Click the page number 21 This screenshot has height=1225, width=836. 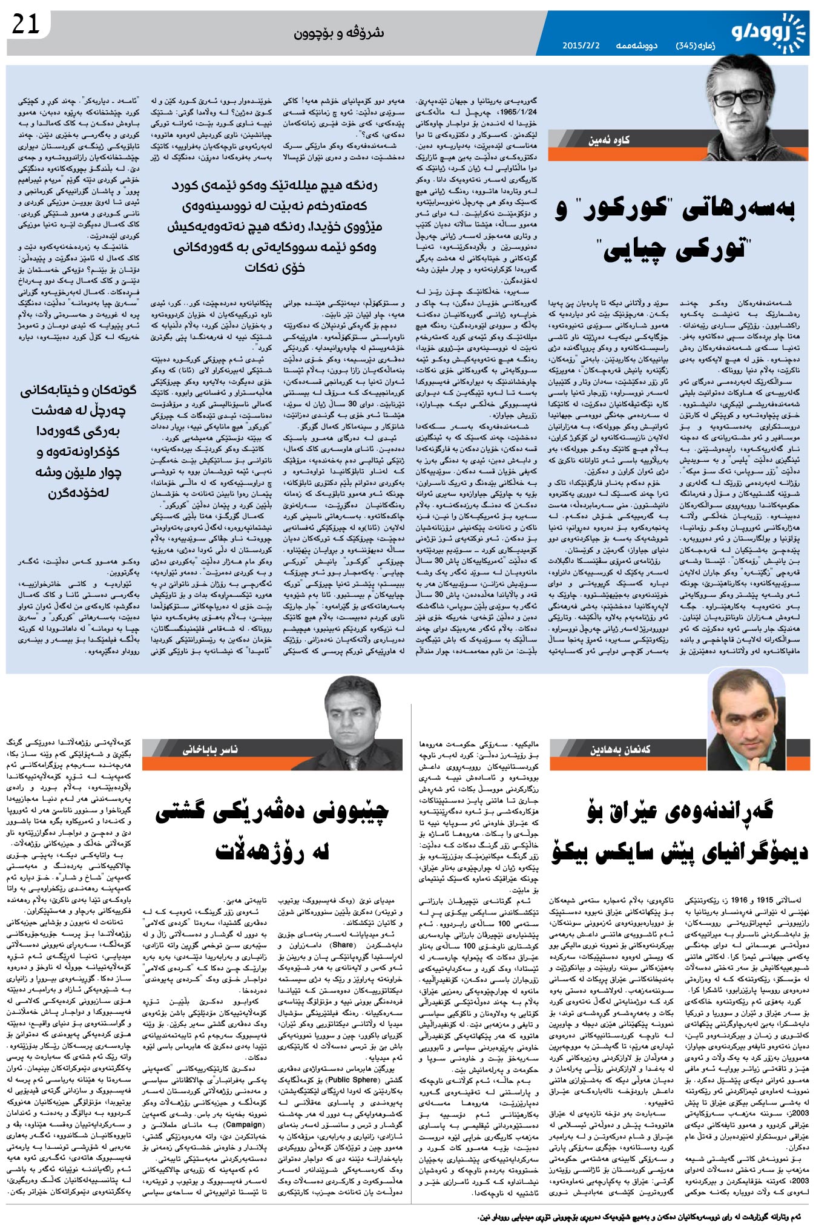click(25, 25)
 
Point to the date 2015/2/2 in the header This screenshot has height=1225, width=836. click(581, 45)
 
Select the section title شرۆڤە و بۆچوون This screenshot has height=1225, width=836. click(339, 33)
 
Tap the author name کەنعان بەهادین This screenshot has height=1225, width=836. click(620, 749)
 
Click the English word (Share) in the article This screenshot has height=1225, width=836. click(342, 945)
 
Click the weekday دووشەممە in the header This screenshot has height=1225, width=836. click(637, 45)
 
